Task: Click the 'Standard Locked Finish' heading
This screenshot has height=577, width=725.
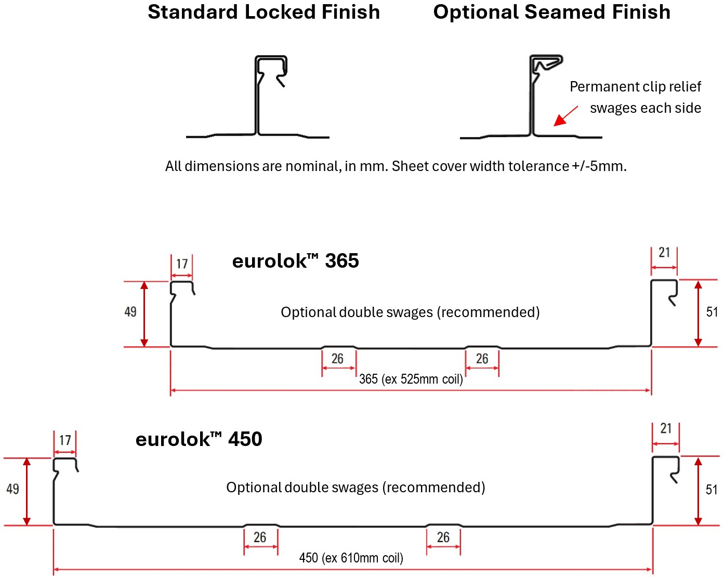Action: (264, 12)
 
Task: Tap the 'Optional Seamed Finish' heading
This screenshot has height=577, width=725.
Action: (551, 12)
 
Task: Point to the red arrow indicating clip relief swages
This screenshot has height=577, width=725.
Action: (565, 116)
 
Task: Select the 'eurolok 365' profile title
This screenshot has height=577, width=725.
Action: (296, 261)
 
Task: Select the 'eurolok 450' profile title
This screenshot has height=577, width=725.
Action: (199, 439)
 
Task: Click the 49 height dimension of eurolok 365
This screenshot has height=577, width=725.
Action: (130, 312)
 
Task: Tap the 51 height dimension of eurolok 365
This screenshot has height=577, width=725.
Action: (711, 312)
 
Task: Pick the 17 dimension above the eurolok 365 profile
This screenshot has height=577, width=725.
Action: (182, 264)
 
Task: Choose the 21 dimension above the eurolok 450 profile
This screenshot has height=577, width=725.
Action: (666, 428)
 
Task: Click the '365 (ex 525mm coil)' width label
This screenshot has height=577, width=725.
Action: (411, 379)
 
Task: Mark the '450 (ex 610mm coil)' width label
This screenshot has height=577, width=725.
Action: (351, 558)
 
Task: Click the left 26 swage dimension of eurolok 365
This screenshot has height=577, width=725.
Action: (337, 359)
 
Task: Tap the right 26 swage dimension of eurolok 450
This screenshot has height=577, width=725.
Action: (443, 537)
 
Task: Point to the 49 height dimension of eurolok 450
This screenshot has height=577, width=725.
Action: (12, 489)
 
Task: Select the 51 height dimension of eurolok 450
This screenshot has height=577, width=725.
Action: (711, 490)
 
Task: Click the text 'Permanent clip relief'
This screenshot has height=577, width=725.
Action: (635, 87)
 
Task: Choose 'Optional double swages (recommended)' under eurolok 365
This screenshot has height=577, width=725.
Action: (411, 312)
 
